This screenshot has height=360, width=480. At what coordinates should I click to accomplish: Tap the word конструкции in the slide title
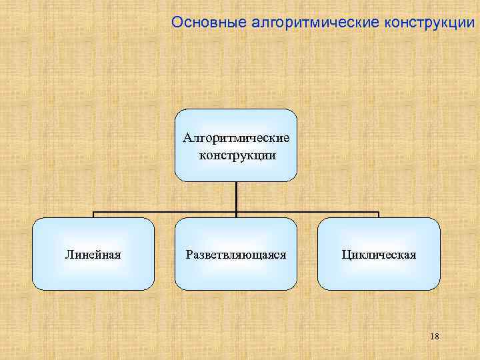tap(429, 22)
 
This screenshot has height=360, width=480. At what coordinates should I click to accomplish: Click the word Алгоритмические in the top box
tap(236, 138)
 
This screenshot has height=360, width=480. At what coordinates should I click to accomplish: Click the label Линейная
tap(93, 254)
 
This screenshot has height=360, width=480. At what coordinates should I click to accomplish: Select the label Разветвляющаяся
tap(236, 254)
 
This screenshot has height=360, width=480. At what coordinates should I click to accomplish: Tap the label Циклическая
tap(379, 254)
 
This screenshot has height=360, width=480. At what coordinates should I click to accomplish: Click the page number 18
tap(434, 337)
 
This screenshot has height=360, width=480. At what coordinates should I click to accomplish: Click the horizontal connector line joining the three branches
tap(167, 213)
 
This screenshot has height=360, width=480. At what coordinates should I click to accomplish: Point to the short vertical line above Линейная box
tap(93, 215)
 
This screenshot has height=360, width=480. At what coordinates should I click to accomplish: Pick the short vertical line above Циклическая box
tap(379, 215)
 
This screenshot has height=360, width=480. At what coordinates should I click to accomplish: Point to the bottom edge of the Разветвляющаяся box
tap(236, 289)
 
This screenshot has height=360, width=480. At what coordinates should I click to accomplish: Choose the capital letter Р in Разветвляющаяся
tap(189, 254)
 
